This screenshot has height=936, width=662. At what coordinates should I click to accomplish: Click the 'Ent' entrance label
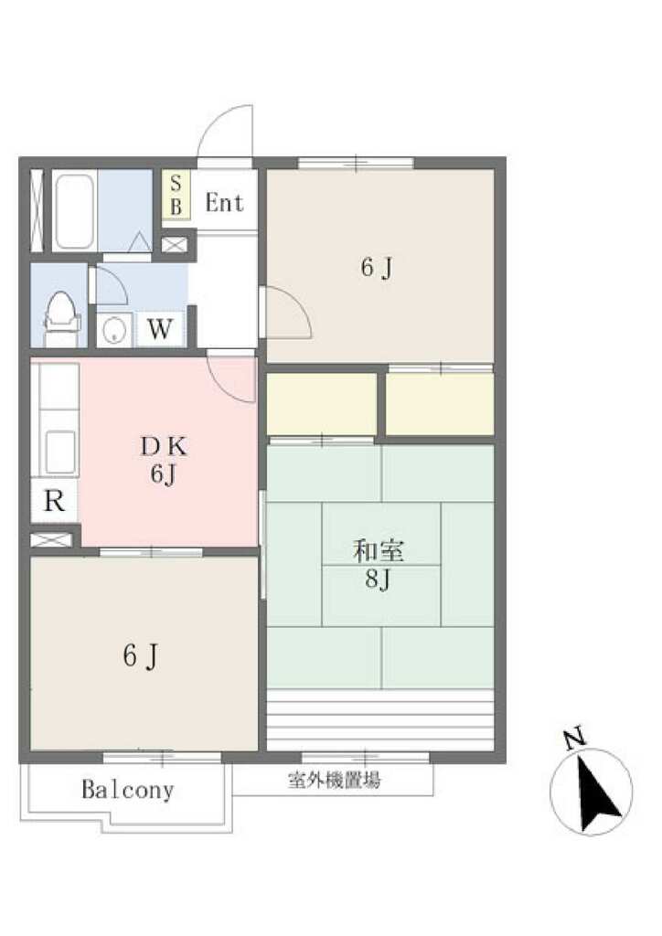point(224,203)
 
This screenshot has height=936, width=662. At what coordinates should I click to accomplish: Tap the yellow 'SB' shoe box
point(176,195)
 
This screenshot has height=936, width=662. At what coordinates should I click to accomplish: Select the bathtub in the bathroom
point(74,211)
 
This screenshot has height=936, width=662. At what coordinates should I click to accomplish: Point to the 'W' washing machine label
point(160,328)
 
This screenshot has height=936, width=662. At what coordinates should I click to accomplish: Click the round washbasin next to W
point(114,330)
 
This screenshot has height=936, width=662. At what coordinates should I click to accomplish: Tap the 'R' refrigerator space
point(54,501)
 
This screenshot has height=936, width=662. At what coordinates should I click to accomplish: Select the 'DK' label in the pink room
point(164,446)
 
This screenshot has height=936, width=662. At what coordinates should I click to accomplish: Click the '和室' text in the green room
point(379,551)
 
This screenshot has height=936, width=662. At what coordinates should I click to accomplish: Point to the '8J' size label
point(378,579)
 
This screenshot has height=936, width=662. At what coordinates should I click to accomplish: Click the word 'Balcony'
point(128,790)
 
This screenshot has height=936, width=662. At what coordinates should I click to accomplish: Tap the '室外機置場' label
point(335,780)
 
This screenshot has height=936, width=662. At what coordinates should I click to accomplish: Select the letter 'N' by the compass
point(575,739)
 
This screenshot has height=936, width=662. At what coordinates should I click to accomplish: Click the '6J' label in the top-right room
point(377,268)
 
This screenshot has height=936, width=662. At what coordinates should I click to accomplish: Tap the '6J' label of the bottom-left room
point(140,655)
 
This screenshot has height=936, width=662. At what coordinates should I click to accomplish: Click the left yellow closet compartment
point(322,404)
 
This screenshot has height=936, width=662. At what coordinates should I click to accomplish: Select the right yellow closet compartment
point(440,404)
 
